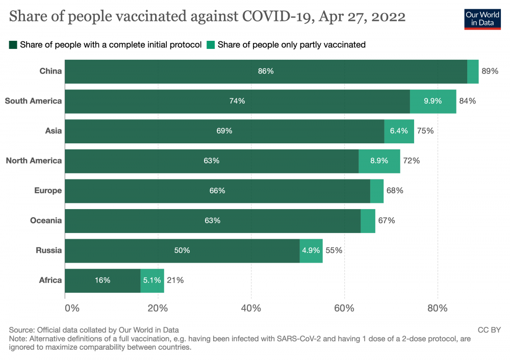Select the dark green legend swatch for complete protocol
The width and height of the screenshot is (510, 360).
tap(13, 45)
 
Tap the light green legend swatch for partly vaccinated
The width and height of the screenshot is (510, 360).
tap(211, 45)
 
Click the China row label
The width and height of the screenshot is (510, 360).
tap(50, 71)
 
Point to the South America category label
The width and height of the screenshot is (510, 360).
tap(33, 101)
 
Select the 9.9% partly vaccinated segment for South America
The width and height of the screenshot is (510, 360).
tap(433, 101)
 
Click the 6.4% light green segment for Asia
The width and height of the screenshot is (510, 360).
tap(399, 131)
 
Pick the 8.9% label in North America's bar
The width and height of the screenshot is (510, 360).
tap(379, 161)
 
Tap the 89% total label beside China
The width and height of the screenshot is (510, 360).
tap(490, 71)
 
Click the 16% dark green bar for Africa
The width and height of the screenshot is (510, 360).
tap(103, 280)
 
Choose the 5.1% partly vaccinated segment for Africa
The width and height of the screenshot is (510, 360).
tap(152, 280)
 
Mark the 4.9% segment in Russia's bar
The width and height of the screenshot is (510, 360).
tap(311, 250)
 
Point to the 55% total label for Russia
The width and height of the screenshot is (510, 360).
tap(334, 250)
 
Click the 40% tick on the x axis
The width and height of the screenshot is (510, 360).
tap(251, 308)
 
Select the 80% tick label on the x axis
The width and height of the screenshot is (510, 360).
tap(437, 308)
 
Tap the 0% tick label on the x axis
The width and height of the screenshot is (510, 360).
tap(72, 308)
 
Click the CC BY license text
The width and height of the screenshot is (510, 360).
tap(489, 330)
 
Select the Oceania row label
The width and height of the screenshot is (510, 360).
tap(45, 220)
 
